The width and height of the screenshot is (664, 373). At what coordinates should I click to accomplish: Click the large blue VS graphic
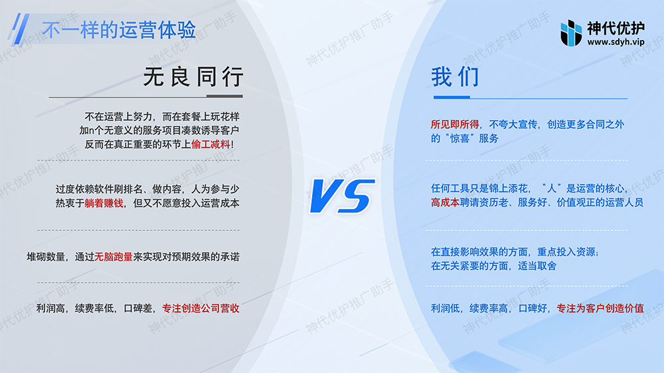(342, 196)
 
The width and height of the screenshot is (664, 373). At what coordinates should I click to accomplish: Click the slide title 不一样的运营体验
(119, 30)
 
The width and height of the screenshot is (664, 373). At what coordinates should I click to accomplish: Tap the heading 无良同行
(193, 76)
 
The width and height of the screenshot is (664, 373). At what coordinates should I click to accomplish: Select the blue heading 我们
(456, 76)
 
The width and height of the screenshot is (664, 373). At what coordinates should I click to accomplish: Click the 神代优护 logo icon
(571, 33)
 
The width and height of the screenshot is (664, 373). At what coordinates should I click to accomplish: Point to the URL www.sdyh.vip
(616, 42)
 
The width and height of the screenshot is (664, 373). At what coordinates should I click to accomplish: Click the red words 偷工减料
(210, 145)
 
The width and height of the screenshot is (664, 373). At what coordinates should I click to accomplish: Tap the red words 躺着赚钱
(104, 203)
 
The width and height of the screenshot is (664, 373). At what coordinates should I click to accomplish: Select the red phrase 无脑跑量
(114, 257)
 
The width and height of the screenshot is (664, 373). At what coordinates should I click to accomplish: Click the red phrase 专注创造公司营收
(201, 308)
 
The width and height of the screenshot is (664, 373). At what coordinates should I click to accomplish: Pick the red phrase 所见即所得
(455, 125)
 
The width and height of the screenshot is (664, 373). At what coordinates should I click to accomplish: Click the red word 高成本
(445, 202)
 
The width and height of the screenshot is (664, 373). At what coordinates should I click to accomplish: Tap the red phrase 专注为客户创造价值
(600, 308)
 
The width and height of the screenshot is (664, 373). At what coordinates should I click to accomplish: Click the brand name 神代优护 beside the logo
(616, 28)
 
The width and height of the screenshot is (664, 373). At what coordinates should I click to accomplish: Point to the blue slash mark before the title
(19, 29)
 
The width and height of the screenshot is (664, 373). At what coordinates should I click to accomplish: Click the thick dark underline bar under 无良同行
(224, 96)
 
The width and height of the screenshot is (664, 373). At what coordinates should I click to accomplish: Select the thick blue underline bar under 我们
(452, 97)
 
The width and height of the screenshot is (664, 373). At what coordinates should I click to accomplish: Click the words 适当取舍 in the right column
(537, 266)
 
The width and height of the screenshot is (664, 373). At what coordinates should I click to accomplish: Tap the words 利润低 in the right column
(445, 308)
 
